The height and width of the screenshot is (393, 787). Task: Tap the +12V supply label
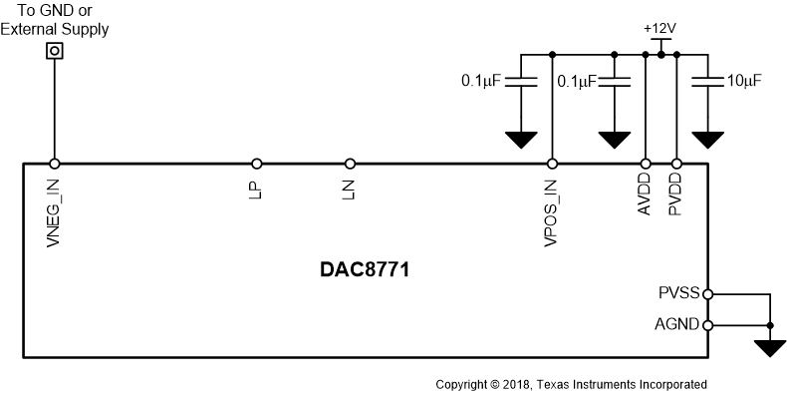[659, 28]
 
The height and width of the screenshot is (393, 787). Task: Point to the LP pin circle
[257, 164]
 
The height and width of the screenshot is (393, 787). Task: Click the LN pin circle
[350, 164]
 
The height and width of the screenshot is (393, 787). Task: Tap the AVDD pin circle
[646, 164]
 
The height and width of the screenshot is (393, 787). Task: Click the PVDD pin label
[676, 196]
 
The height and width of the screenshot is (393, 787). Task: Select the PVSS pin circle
[708, 294]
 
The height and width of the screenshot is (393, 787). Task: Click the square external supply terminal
[55, 49]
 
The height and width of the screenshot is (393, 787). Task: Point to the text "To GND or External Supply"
[56, 20]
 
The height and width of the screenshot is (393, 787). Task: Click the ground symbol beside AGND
[770, 346]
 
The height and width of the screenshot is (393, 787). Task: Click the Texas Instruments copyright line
[571, 384]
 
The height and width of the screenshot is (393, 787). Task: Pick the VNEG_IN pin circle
[55, 164]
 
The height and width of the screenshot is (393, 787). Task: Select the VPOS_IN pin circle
[552, 164]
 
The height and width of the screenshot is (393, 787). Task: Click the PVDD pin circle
[677, 164]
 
